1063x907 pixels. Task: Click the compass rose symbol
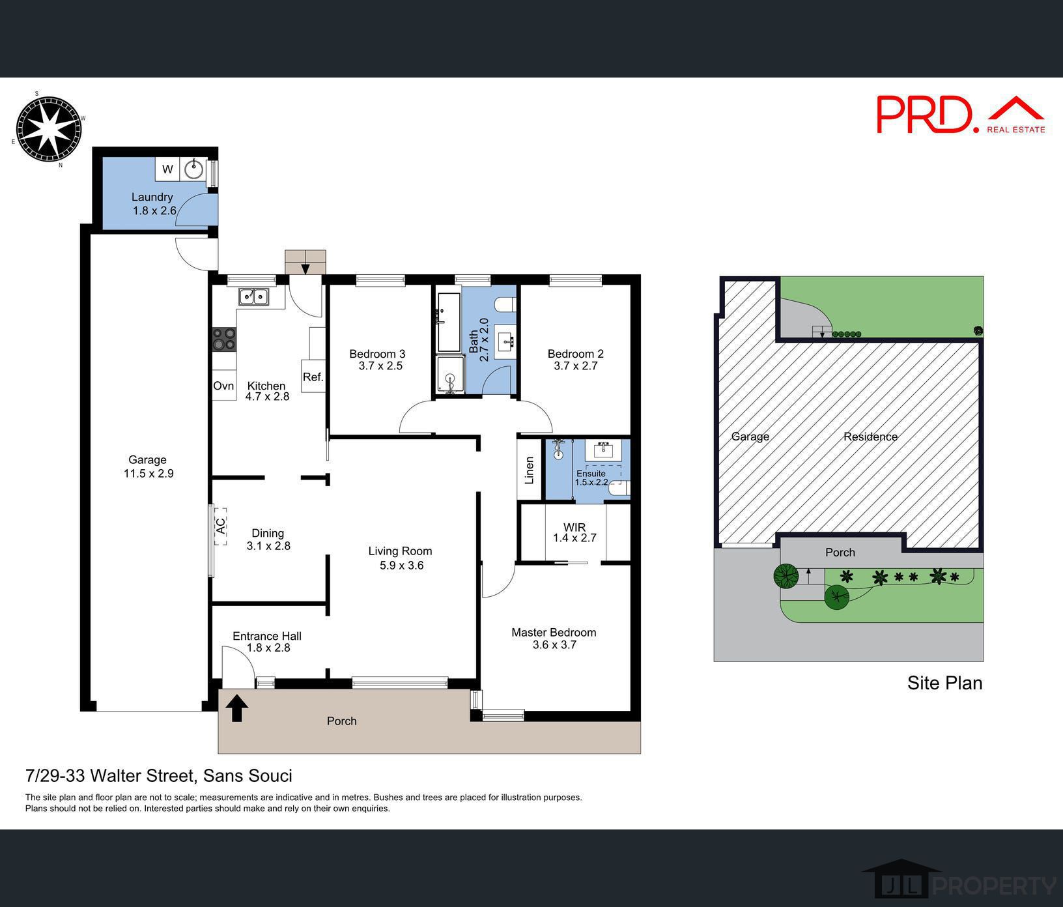[48, 128]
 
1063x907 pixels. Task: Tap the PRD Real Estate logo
[960, 115]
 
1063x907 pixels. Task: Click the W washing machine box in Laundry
[167, 169]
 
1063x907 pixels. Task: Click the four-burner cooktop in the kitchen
[224, 339]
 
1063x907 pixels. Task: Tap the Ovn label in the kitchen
[223, 386]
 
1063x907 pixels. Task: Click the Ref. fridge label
[313, 377]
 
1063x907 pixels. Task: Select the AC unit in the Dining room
[220, 526]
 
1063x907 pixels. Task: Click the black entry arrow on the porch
[236, 708]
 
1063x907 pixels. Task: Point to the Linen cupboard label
[530, 470]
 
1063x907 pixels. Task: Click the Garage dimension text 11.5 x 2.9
[149, 474]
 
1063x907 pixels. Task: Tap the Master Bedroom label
[554, 632]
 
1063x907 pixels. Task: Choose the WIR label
[574, 527]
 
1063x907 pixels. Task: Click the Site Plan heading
[944, 683]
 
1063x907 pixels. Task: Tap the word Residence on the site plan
[870, 437]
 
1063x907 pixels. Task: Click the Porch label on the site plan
[840, 552]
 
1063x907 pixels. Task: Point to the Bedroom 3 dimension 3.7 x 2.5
[380, 366]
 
